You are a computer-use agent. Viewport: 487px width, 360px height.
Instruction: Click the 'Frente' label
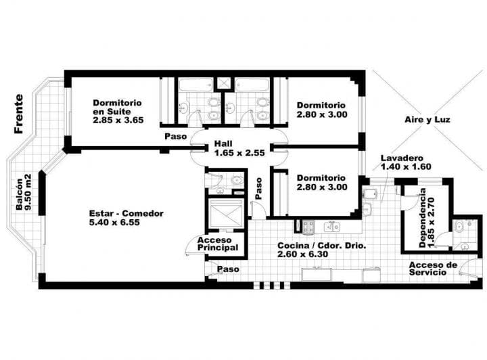[x=19, y=114]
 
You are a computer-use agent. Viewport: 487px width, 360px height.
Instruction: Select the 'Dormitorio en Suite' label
[x=117, y=107]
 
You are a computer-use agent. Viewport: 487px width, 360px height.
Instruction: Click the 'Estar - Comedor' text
[x=126, y=213]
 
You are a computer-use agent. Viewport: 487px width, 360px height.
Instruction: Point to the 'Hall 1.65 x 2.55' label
[x=239, y=148]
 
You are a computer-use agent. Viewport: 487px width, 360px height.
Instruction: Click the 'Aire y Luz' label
[x=427, y=120]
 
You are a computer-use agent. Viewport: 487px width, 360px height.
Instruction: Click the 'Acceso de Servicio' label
[x=433, y=269]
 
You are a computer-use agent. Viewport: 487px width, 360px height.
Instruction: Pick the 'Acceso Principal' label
[x=218, y=244]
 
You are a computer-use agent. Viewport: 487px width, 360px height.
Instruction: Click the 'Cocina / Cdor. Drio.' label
[x=322, y=246]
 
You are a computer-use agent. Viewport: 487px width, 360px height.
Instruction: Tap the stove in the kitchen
[x=308, y=227]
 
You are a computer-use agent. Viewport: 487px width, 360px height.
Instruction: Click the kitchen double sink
[x=332, y=227]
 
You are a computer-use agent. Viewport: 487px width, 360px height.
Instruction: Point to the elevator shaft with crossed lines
[x=226, y=215]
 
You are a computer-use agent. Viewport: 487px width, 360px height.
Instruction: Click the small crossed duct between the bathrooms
[x=224, y=83]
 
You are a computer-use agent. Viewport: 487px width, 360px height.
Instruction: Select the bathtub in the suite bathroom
[x=196, y=85]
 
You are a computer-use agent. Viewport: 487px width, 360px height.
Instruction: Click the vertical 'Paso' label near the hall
[x=258, y=188]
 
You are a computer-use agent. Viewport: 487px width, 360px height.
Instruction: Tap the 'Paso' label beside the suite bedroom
[x=175, y=137]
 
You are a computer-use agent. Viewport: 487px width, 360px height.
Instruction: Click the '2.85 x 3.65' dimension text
[x=118, y=120]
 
